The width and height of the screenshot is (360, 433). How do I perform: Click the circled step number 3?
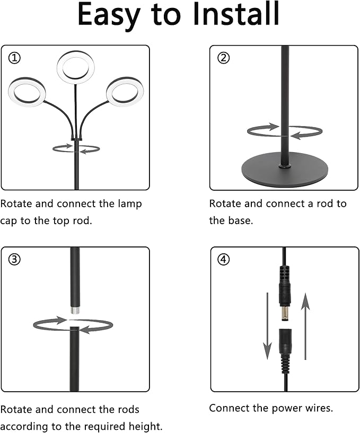[x=15, y=260]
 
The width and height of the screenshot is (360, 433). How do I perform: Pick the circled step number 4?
[x=224, y=260]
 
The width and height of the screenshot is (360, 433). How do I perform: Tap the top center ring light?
[x=76, y=66]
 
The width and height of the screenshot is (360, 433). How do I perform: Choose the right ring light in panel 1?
[x=125, y=91]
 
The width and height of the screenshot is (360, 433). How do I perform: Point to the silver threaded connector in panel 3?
[x=75, y=308]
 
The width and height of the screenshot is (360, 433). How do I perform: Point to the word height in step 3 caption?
[x=145, y=426]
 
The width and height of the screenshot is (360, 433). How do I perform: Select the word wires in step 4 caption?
[x=315, y=408]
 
